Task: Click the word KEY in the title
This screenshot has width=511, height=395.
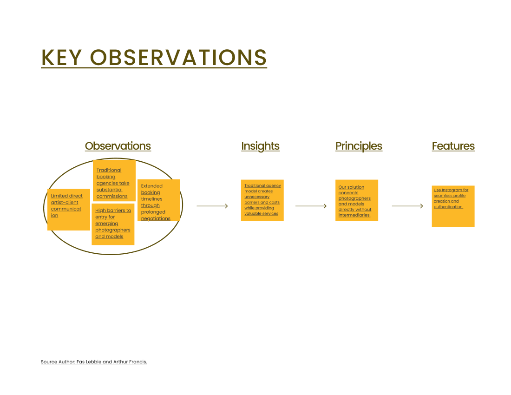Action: [x=62, y=58]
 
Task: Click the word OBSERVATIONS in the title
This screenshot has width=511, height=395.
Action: [x=178, y=58]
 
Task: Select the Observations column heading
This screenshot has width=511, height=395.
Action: [x=118, y=146]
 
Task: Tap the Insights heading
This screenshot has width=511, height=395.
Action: [x=261, y=146]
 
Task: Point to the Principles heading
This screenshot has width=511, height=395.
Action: [x=359, y=146]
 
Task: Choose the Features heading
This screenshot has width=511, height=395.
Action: [x=453, y=146]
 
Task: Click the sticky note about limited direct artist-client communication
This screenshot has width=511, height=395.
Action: [x=69, y=210]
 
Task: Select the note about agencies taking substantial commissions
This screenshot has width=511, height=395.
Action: [x=114, y=181]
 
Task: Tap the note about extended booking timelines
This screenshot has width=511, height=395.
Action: [x=159, y=200]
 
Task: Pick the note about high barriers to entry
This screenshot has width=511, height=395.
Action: [x=113, y=224]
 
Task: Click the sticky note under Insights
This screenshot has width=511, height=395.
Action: [x=262, y=200]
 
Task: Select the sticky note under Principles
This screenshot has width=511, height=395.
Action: [x=357, y=200]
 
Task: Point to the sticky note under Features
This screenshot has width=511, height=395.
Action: [x=453, y=206]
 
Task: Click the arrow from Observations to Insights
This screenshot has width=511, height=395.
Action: [x=212, y=206]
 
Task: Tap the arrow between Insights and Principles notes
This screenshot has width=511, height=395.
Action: [x=311, y=206]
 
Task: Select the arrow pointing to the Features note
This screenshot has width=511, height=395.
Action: [x=407, y=206]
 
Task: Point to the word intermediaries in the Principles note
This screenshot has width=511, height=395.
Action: [x=354, y=215]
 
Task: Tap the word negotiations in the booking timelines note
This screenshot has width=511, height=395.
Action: [x=156, y=218]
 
